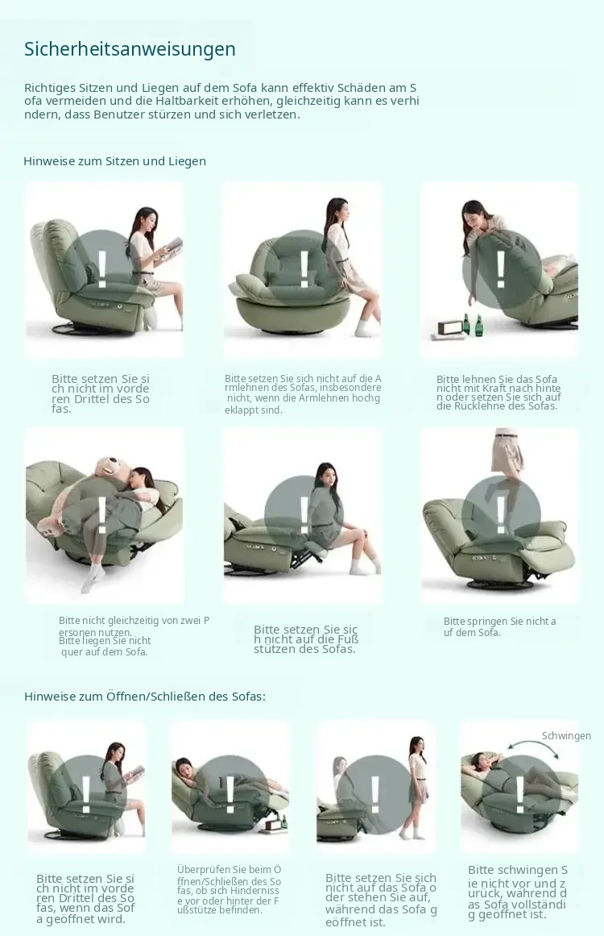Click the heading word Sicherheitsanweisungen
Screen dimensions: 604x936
click(x=130, y=49)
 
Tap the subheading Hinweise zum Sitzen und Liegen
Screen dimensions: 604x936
click(x=114, y=161)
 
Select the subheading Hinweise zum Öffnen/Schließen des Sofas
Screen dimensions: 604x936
click(x=145, y=696)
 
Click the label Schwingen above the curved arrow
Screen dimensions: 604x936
click(x=566, y=736)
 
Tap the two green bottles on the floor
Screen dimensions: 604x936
click(x=472, y=326)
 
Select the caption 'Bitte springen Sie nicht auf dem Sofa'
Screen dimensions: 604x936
click(x=499, y=626)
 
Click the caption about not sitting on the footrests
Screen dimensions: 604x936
click(x=306, y=639)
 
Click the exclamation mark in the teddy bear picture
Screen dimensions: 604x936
click(x=102, y=514)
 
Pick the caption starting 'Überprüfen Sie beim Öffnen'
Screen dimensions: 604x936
click(x=229, y=889)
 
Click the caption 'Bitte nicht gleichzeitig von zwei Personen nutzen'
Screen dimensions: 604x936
click(x=134, y=626)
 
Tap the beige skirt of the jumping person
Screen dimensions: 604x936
click(x=507, y=455)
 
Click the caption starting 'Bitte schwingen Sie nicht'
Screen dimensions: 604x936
click(x=518, y=892)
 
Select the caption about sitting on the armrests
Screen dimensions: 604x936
click(x=303, y=394)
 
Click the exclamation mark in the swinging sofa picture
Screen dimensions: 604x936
click(x=520, y=795)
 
